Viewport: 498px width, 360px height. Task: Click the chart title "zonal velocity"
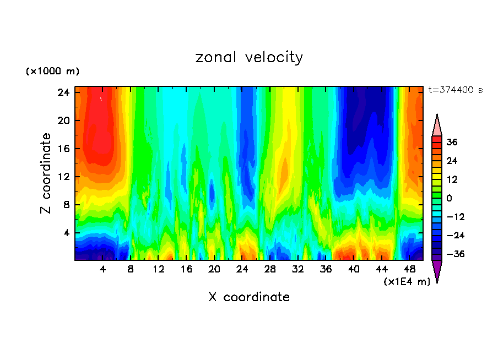(x=249, y=57)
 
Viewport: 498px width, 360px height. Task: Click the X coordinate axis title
(x=249, y=297)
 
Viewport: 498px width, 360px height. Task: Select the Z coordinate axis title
(x=46, y=173)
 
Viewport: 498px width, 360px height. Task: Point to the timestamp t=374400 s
(x=455, y=90)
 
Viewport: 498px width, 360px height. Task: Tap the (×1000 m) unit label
(x=52, y=72)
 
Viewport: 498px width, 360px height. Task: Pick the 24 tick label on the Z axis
(x=62, y=92)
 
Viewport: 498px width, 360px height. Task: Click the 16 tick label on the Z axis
(x=62, y=149)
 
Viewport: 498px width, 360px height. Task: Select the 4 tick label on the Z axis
(x=65, y=233)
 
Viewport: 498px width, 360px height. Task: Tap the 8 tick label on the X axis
(x=131, y=270)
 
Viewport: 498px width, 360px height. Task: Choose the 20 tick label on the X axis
(x=214, y=270)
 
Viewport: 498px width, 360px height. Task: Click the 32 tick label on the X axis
(x=298, y=270)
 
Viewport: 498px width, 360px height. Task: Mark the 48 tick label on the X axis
(x=409, y=270)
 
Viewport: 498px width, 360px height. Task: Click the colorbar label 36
(x=452, y=142)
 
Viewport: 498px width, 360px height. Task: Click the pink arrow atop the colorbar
(x=437, y=126)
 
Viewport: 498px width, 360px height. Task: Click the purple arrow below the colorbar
(x=437, y=271)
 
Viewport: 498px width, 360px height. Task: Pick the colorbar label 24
(x=452, y=161)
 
